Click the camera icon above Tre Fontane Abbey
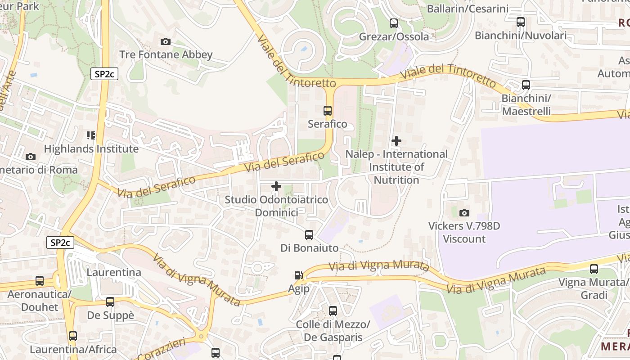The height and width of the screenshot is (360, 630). [x=166, y=41]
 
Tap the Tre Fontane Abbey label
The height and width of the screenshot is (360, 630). [x=166, y=55]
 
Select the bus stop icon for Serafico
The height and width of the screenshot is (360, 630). [x=328, y=110]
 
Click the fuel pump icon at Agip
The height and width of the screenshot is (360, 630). [x=298, y=275]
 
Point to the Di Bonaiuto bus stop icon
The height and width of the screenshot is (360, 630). [x=309, y=234]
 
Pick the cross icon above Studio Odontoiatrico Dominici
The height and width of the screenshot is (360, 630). [x=276, y=186]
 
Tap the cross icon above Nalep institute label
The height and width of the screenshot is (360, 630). [x=396, y=141]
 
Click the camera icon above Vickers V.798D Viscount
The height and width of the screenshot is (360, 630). [x=464, y=213]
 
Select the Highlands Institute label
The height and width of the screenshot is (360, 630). [x=91, y=148]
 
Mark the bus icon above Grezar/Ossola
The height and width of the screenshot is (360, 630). [x=394, y=23]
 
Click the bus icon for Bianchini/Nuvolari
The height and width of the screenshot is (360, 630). [x=521, y=22]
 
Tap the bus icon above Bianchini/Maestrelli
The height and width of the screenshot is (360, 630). [x=526, y=85]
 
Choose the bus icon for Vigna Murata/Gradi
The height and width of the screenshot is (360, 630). [x=594, y=269]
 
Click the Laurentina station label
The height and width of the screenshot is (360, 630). [x=113, y=272]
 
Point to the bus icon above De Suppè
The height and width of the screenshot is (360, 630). [x=110, y=302]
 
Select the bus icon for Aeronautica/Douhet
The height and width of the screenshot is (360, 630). [x=40, y=281]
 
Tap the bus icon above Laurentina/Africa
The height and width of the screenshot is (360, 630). [x=73, y=336]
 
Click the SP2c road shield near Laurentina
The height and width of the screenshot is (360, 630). [x=60, y=243]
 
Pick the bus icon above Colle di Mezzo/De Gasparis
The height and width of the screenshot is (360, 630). [x=333, y=310]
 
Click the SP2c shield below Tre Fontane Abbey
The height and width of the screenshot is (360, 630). [x=104, y=74]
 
